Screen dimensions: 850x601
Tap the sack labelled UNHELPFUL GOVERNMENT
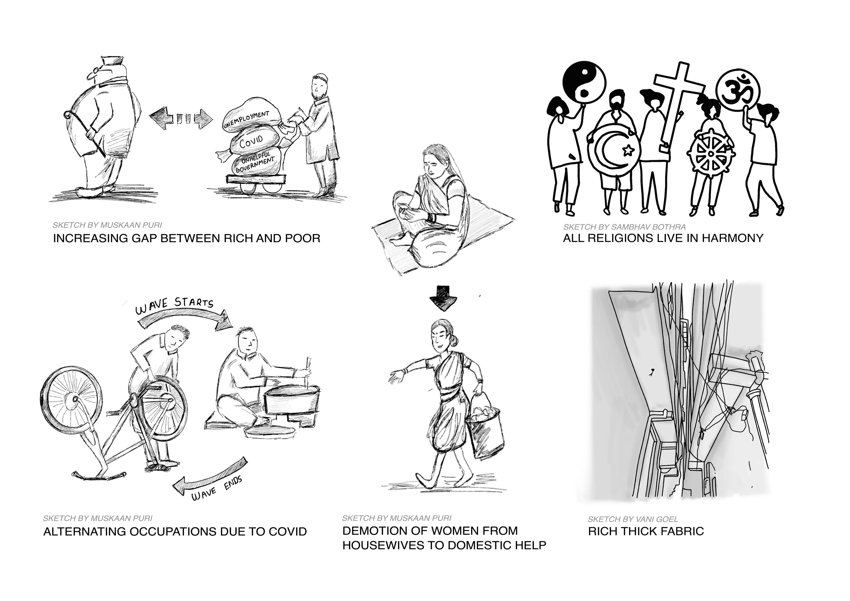255,163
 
